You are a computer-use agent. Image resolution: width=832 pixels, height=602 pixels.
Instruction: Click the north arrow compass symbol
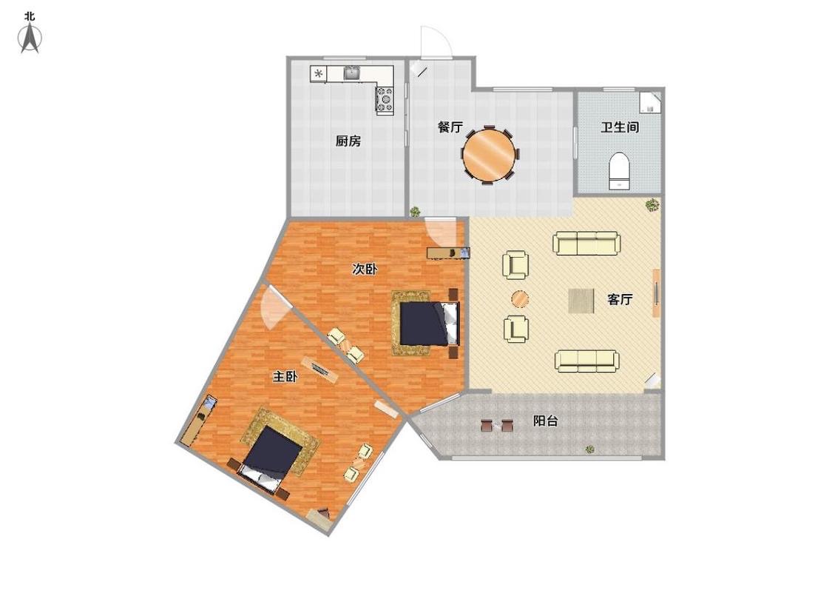click(x=30, y=39)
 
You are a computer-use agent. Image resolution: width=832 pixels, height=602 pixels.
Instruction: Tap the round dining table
click(x=489, y=154)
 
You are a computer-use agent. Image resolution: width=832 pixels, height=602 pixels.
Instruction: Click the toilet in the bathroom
click(x=619, y=170)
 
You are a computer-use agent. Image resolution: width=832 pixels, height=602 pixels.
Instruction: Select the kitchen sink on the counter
click(x=352, y=73)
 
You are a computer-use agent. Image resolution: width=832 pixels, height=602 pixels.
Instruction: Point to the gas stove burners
click(x=385, y=98)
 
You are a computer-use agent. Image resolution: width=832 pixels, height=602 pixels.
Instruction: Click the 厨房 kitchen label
click(x=348, y=141)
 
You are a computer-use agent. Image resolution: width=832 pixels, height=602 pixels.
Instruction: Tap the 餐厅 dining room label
click(x=450, y=127)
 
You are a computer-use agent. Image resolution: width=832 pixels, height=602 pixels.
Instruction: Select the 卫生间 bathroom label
click(x=619, y=127)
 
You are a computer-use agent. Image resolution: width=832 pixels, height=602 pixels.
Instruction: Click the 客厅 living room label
click(x=620, y=299)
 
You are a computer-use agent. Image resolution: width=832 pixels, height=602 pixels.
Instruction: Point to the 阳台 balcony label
click(x=546, y=421)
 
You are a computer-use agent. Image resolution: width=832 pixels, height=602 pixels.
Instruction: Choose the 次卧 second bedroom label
click(x=365, y=269)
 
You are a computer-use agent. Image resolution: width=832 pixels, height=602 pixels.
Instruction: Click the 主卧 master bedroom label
click(x=285, y=377)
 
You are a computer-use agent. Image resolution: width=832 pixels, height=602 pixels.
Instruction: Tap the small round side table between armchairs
click(x=520, y=299)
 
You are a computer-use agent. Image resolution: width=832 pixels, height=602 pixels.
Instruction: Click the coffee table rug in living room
click(x=581, y=301)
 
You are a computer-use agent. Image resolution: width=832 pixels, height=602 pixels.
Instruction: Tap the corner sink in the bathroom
click(x=651, y=102)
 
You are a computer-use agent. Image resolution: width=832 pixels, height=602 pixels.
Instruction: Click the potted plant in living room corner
click(x=652, y=204)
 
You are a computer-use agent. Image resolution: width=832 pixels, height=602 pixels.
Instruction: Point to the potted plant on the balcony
click(x=589, y=449)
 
